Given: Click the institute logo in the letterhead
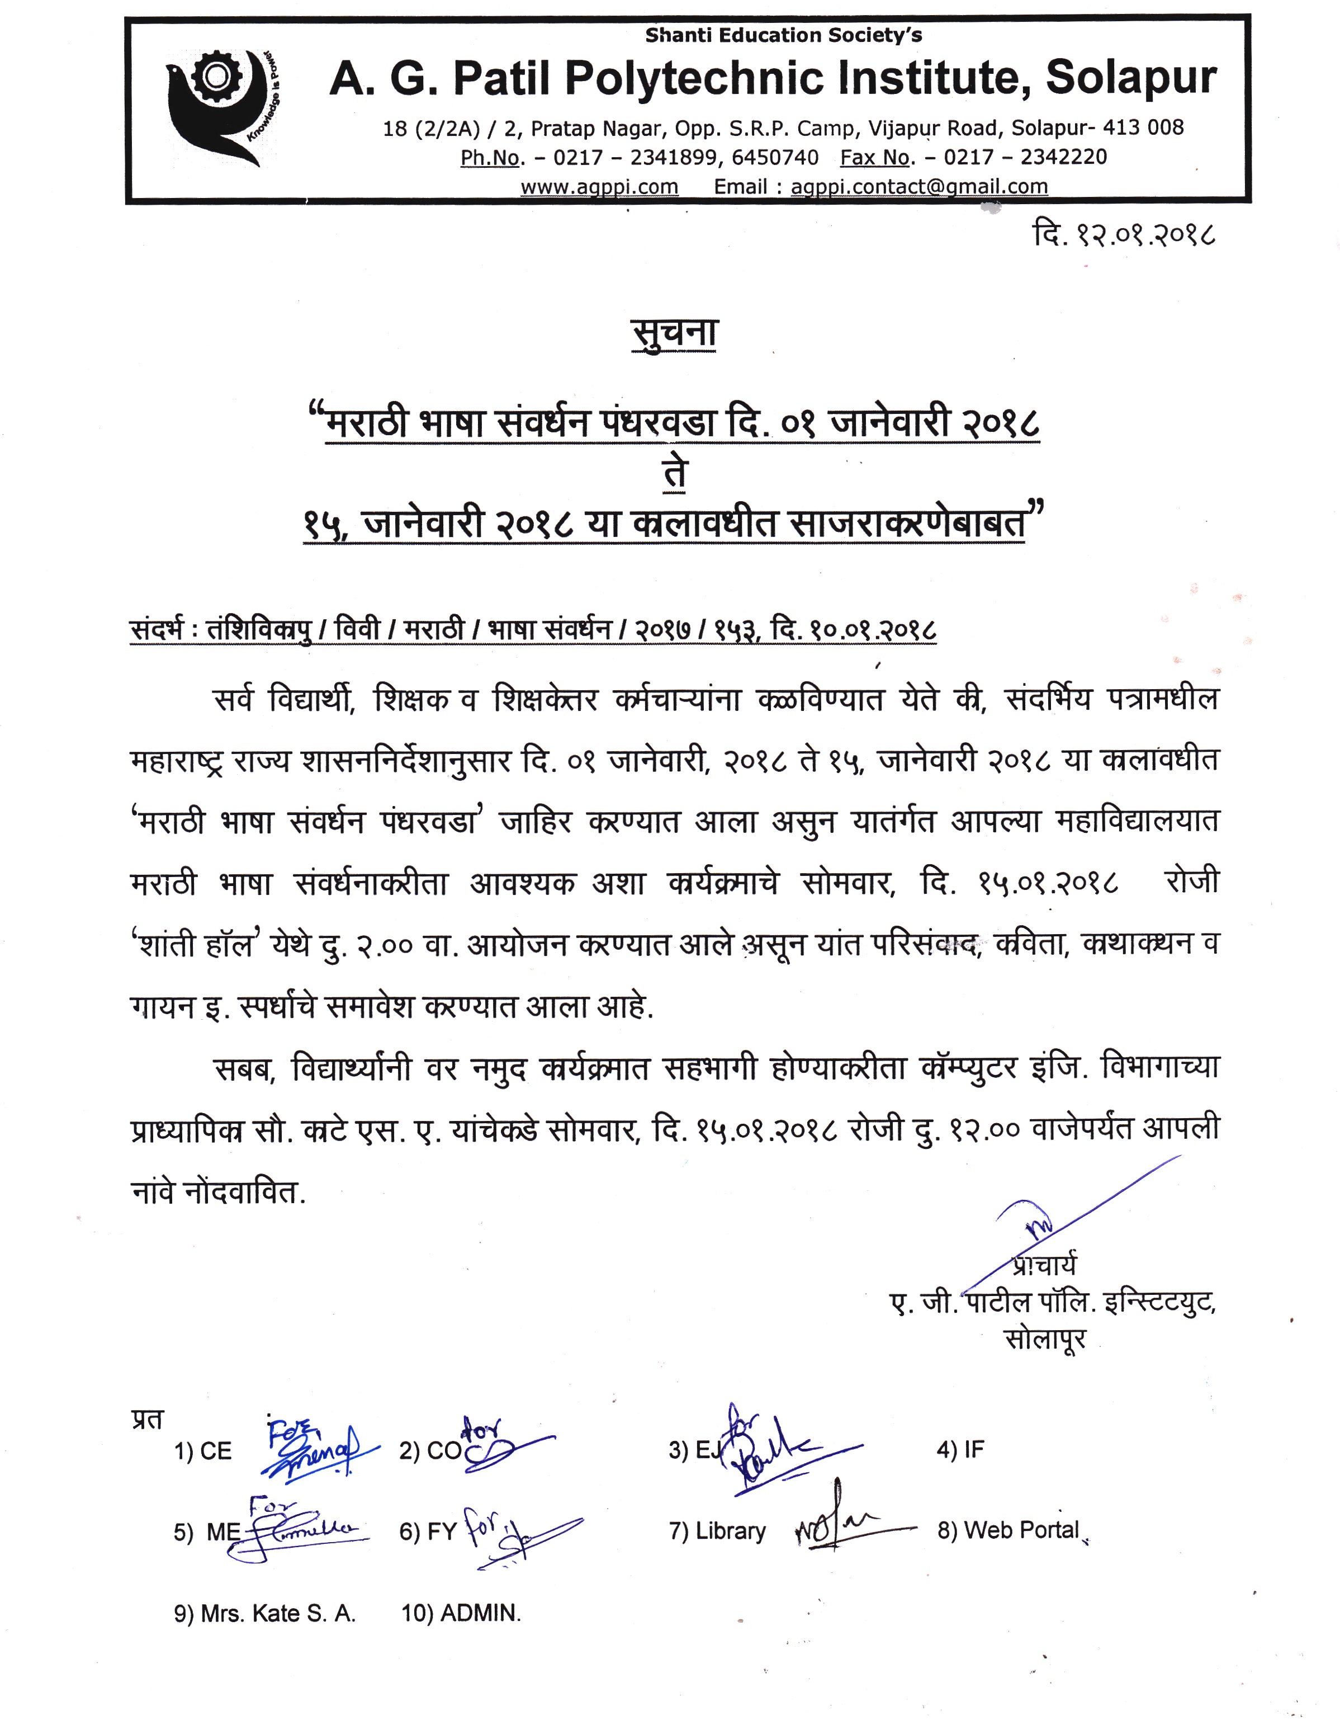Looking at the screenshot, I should tap(224, 106).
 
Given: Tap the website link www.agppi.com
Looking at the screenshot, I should tap(599, 187).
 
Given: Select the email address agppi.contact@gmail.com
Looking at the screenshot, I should tap(919, 187).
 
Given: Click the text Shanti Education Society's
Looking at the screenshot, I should tap(783, 35).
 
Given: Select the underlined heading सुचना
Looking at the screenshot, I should tap(675, 333).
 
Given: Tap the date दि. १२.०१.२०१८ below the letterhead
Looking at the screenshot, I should tap(1124, 234).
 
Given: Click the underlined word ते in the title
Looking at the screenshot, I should tap(675, 473).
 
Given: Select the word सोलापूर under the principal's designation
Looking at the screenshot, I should tap(1045, 1339).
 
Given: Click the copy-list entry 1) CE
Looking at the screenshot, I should tap(203, 1452).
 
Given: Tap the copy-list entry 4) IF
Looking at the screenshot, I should tap(960, 1450).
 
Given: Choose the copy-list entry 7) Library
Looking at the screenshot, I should tap(717, 1531).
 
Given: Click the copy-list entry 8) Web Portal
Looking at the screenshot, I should tap(1008, 1530).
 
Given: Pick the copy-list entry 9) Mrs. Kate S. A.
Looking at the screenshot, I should tap(264, 1614).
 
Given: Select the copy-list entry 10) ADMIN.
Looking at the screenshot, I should tap(461, 1614).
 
